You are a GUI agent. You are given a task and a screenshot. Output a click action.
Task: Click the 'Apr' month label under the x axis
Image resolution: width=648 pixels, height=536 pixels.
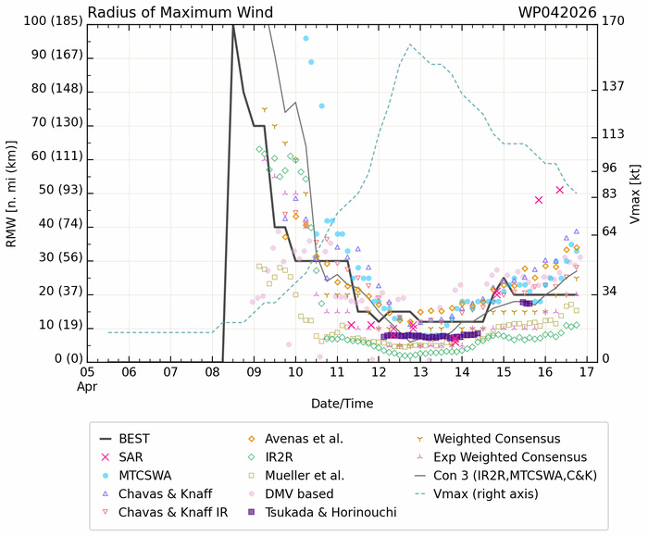tap(87, 385)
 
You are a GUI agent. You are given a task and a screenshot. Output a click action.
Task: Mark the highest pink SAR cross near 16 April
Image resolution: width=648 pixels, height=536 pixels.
tap(560, 190)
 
